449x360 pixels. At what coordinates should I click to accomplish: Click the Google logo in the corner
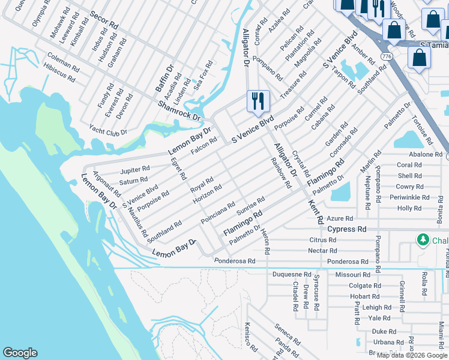coord(20,353)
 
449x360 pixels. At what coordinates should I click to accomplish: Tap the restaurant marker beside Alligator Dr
coord(258,101)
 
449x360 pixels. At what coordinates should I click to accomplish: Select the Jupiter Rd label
coord(134,170)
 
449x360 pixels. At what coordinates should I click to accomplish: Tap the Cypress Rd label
coord(346,229)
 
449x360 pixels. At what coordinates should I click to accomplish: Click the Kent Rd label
coord(316,211)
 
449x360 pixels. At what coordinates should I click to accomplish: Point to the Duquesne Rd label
coord(291,274)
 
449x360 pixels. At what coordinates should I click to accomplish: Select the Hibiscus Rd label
coord(59,71)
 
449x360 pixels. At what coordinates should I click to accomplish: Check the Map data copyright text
coord(412,355)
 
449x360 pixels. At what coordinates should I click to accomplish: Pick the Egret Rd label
coord(178,168)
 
